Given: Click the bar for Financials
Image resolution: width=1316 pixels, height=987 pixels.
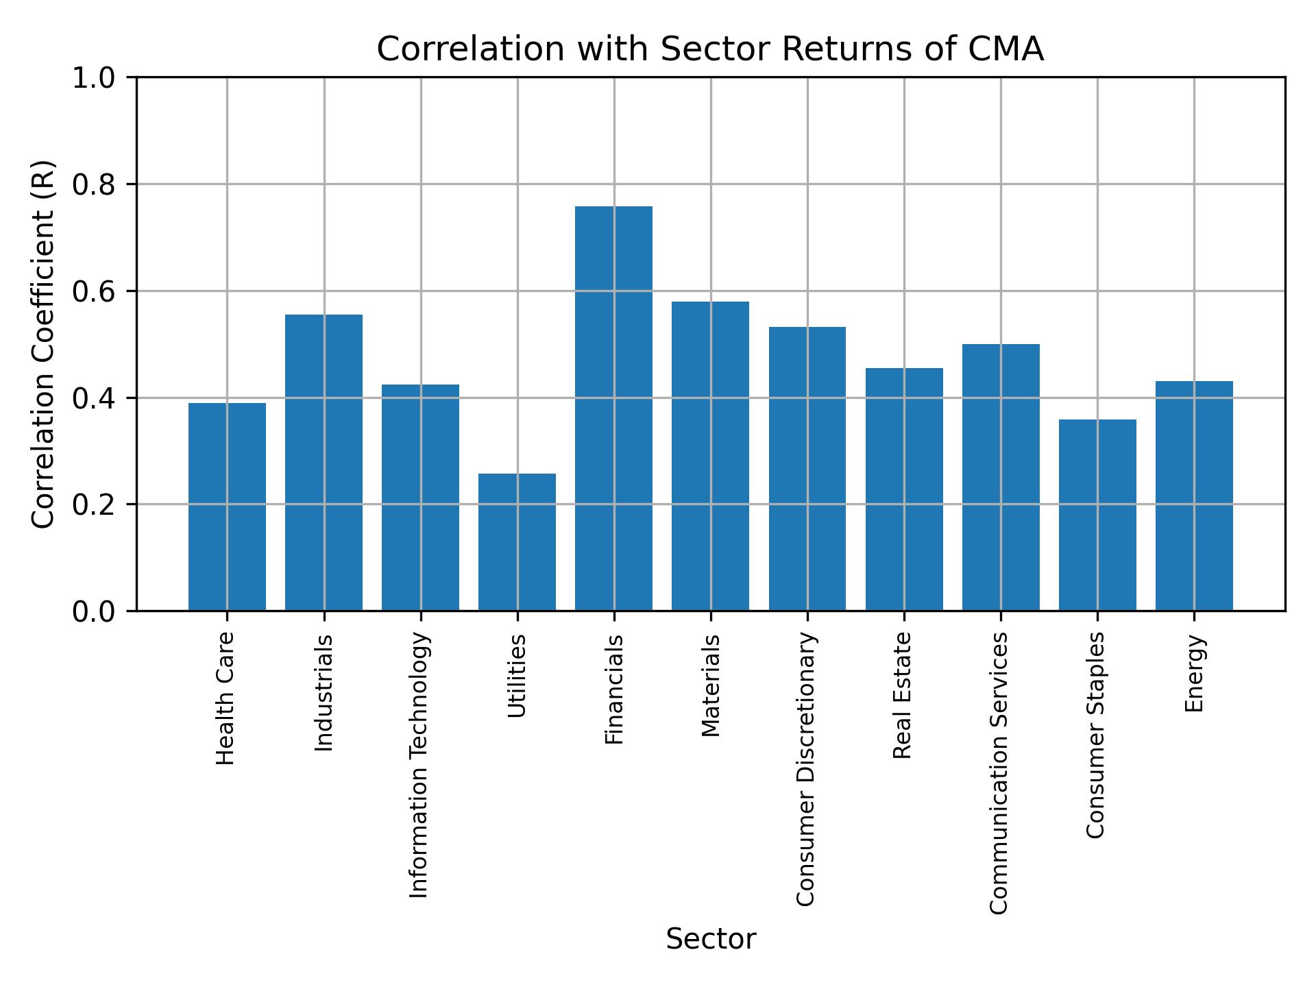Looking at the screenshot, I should point(613,409).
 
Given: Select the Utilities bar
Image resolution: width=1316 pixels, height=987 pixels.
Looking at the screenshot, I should point(517,542).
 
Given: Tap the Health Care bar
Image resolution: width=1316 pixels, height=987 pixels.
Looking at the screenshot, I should point(227,507).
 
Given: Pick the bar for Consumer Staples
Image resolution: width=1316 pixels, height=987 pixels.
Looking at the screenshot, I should point(1097,515).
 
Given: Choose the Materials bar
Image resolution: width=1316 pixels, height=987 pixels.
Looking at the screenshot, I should point(710,456).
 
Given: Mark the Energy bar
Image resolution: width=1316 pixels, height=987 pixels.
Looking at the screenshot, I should point(1194,496).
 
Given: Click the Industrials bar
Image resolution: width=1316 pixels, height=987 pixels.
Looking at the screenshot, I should point(324,463).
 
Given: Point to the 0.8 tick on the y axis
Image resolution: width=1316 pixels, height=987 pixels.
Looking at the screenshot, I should point(95,184).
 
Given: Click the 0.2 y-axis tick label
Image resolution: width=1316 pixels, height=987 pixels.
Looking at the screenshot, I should point(95,504).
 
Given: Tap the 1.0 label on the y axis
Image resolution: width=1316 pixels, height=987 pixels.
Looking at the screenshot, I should point(95,78).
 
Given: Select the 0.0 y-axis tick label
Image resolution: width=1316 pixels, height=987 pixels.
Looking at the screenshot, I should point(95,611).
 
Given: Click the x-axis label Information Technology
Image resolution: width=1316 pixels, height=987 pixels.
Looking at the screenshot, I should point(419,765).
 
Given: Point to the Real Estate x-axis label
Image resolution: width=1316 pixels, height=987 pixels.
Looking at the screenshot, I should point(903,696).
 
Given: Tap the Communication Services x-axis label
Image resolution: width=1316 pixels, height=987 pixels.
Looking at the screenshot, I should point(999,773).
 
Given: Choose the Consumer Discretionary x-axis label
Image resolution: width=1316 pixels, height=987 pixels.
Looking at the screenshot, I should point(807,769).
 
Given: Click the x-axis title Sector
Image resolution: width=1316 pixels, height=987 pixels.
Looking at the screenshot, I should point(711,939).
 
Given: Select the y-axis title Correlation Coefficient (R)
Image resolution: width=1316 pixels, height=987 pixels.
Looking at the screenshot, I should point(43,344).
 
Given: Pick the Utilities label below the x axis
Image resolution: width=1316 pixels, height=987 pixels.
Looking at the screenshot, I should point(517,676).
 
